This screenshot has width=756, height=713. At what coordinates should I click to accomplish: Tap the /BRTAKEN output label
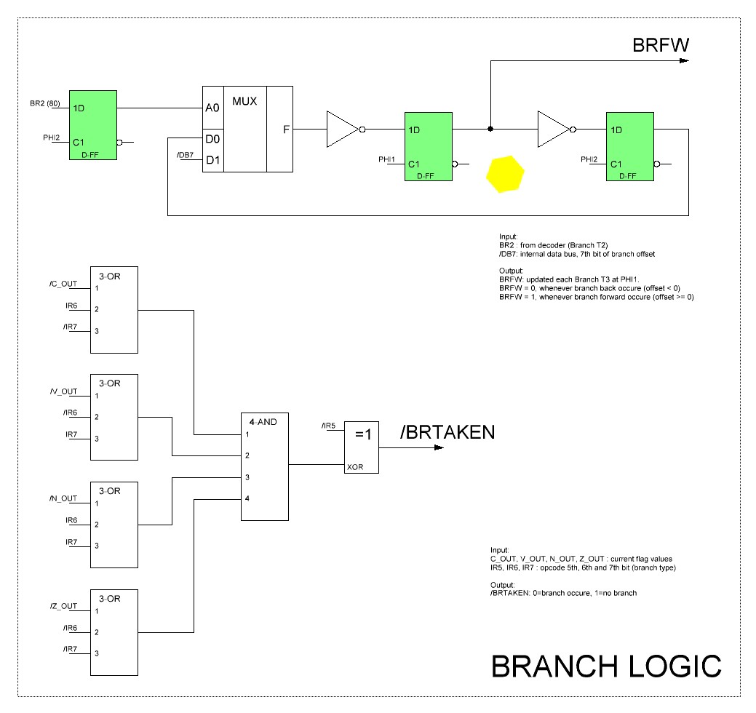coord(447,431)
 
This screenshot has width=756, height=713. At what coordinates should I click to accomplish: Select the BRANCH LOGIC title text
coord(607,666)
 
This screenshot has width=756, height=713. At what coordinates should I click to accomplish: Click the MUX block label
coord(244,100)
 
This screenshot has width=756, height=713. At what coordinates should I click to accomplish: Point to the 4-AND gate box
coord(265,466)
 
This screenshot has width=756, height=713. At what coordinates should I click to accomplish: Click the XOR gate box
coord(362,447)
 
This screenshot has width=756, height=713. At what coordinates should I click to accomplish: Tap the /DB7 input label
coord(186,154)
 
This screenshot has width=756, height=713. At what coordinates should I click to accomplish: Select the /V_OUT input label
coord(63,391)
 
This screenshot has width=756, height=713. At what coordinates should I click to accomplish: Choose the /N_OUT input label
coord(63,498)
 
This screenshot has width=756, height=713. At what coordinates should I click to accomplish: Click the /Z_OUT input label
coord(63,605)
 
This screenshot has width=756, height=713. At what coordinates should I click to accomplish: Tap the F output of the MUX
coord(287,130)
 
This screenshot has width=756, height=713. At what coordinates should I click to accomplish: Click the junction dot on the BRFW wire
coord(490,130)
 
